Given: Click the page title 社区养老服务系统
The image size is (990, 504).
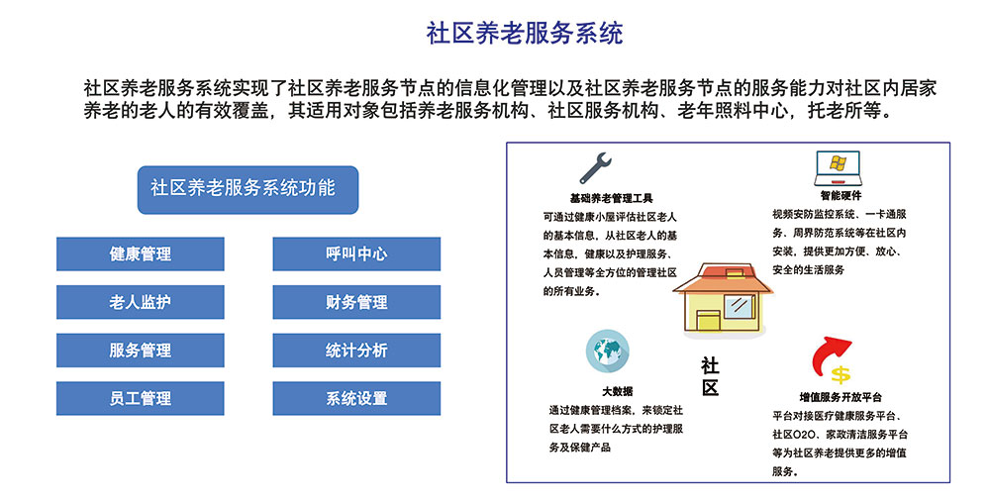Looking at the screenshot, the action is click(524, 34).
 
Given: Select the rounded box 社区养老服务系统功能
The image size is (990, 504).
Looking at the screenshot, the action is click(248, 189).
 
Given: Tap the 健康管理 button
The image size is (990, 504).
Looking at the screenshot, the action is click(141, 253).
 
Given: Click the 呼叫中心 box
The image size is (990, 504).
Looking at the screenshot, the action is click(356, 253).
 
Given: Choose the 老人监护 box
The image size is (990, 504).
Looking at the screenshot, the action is click(141, 302).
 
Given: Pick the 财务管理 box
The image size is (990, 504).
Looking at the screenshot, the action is click(356, 302).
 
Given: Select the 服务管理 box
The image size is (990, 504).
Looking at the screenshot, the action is click(141, 351).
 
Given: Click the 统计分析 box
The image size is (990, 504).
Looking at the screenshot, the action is click(356, 351).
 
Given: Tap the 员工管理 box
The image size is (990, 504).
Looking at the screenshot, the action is click(141, 398).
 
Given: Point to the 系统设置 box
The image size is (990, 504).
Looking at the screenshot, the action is click(356, 398).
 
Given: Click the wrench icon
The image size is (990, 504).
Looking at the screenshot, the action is click(595, 168).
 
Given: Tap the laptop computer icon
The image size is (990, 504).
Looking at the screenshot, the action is click(839, 168).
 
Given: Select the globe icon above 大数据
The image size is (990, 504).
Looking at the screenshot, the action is click(608, 351).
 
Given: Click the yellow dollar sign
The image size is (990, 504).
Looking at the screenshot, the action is click(841, 374).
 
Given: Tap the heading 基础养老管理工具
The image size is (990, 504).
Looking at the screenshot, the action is click(611, 198).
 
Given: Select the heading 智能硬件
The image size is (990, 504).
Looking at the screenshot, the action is click(841, 196).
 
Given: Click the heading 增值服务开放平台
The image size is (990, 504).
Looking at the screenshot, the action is click(841, 397).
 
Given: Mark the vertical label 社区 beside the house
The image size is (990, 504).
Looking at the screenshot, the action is click(710, 376).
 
